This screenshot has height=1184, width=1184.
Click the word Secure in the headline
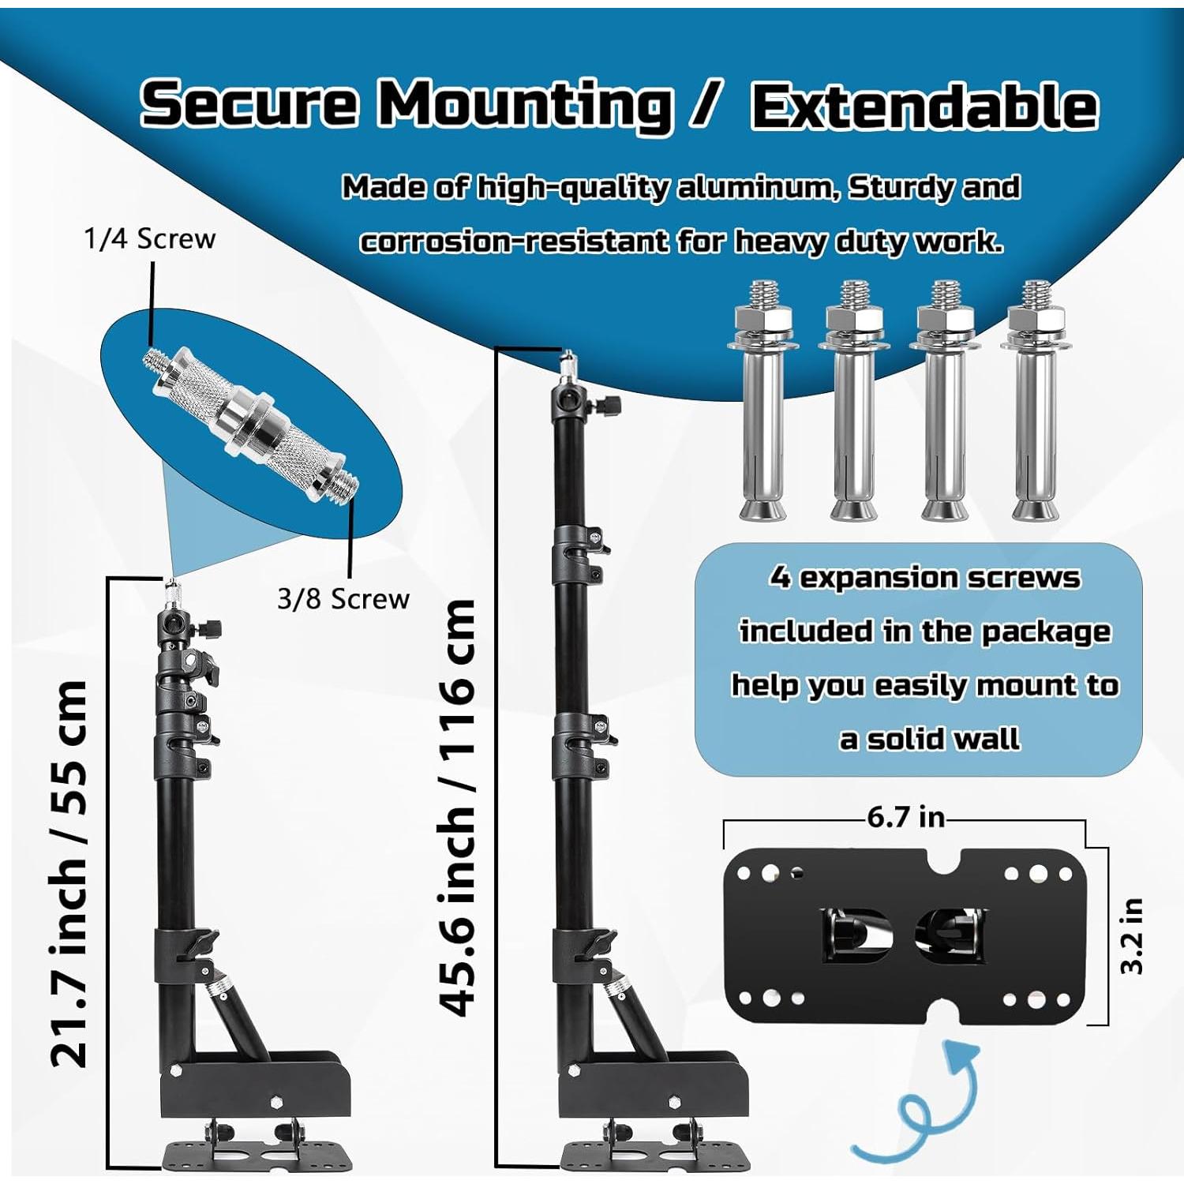pos(249,103)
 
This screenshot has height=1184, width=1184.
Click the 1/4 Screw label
pos(149,238)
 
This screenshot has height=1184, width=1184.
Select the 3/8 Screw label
pos(343,599)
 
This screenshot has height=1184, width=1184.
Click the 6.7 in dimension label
pos(906,817)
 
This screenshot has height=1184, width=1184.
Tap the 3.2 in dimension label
pos(1131,936)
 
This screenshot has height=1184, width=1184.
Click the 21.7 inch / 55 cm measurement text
pos(69,874)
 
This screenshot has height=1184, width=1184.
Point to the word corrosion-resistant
pos(513,241)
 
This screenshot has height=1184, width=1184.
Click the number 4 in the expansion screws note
pos(780,577)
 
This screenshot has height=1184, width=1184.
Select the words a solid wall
pos(929,739)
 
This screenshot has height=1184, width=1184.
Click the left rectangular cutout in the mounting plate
pos(856,935)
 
